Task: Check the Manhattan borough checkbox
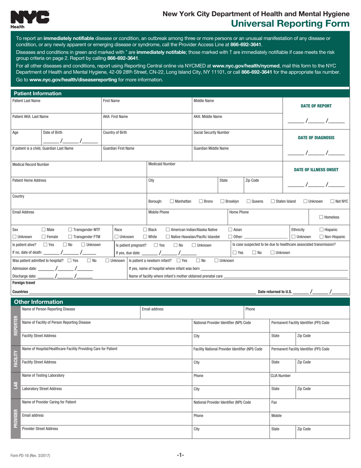click(172, 201)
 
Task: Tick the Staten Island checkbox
click(273, 201)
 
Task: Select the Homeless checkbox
click(321, 217)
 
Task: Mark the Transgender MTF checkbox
click(70, 229)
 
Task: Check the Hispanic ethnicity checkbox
click(321, 229)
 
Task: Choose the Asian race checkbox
click(230, 229)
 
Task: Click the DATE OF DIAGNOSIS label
click(316, 138)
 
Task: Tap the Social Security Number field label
click(211, 132)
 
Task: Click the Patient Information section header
click(37, 94)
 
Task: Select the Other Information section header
click(38, 302)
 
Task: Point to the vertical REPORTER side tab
click(16, 326)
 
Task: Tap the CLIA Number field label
click(280, 376)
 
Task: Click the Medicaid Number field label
click(162, 164)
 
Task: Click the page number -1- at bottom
click(180, 455)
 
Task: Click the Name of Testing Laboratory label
click(43, 376)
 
